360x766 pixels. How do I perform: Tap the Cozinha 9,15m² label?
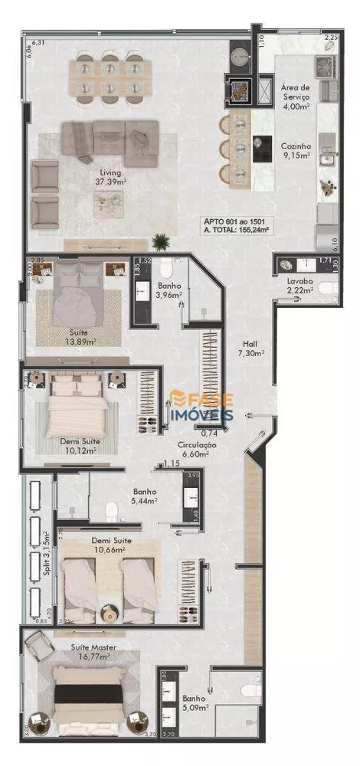point(295,150)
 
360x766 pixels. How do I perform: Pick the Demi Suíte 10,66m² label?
point(110,545)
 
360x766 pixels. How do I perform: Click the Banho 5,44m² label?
point(145,496)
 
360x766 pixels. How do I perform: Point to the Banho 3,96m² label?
point(168,290)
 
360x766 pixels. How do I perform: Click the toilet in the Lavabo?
point(328,289)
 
